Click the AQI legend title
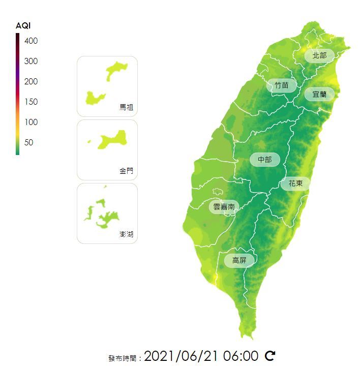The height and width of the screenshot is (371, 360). click(23, 26)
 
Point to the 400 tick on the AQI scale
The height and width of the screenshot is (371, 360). click(31, 41)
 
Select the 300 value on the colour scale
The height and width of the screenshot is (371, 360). click(31, 61)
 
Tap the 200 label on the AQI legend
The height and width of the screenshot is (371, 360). click(31, 81)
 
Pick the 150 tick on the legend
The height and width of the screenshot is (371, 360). click(31, 102)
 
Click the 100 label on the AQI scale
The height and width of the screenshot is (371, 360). click(31, 122)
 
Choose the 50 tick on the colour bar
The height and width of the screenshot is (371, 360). click(29, 142)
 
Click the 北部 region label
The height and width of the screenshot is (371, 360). click(319, 55)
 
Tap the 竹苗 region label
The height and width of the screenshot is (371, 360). click(281, 85)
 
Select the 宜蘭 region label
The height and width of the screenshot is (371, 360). click(319, 94)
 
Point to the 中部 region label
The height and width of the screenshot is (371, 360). click(264, 160)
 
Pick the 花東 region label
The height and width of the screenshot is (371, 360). click(295, 183)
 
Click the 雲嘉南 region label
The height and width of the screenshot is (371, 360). click(224, 207)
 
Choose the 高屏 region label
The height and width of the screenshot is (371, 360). click(239, 260)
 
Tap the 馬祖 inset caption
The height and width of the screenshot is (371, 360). click(126, 107)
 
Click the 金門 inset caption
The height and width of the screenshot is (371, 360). click(126, 171)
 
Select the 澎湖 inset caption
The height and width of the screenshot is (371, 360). click(126, 234)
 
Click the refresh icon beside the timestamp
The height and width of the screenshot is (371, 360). click(270, 356)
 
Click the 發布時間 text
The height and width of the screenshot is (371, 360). click(124, 358)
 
